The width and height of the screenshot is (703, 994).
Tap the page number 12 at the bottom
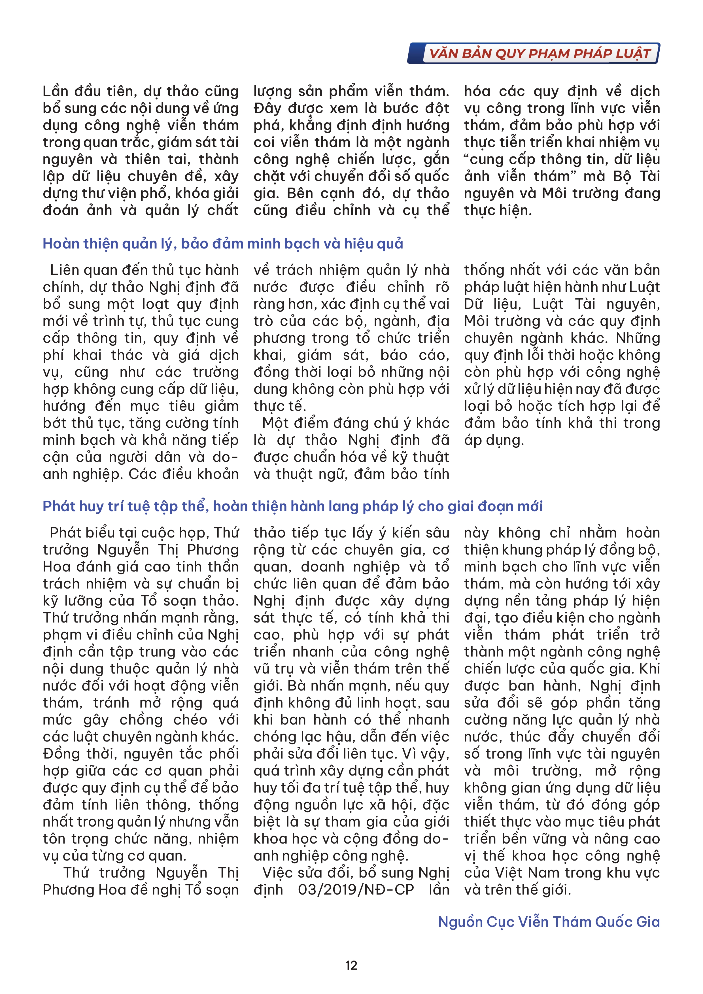click(x=351, y=965)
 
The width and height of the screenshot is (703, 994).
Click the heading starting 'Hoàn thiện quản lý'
click(x=222, y=244)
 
